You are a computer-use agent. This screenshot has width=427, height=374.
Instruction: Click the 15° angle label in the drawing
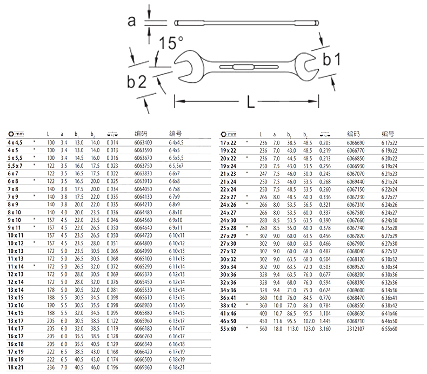(171, 43)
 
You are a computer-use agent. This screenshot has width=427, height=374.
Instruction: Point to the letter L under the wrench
(251, 102)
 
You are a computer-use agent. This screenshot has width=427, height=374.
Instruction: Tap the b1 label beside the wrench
(331, 59)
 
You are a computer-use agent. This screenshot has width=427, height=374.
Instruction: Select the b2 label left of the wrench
(137, 82)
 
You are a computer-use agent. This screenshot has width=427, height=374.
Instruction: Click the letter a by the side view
(131, 21)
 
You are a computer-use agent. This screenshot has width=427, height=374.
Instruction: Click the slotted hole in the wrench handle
(249, 67)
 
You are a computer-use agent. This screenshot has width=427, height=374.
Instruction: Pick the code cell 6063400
(143, 142)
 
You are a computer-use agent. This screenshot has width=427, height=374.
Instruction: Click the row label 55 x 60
(228, 329)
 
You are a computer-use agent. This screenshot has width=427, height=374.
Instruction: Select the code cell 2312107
(356, 329)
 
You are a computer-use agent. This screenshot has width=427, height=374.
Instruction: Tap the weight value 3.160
(325, 329)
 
